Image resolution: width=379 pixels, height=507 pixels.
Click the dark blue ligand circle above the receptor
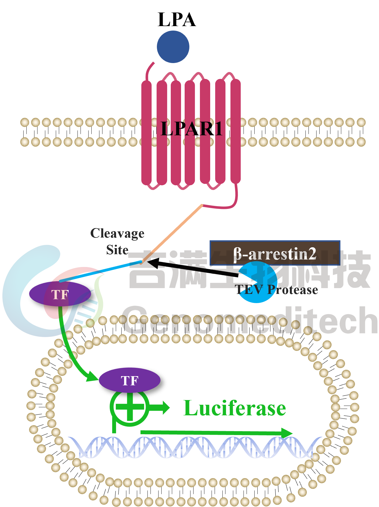[173, 47]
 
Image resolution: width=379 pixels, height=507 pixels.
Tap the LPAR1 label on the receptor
[192, 129]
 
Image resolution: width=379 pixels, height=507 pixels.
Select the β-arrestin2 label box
[275, 253]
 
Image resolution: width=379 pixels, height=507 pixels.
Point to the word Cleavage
[117, 233]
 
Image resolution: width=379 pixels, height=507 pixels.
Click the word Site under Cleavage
[117, 250]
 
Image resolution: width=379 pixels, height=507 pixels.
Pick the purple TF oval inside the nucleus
[129, 380]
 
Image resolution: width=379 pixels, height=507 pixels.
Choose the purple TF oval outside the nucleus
[60, 294]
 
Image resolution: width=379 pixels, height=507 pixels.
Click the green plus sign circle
[130, 408]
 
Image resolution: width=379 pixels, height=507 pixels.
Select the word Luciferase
[235, 408]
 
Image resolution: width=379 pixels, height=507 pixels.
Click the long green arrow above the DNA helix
[217, 433]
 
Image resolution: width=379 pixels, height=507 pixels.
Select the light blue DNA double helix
[194, 447]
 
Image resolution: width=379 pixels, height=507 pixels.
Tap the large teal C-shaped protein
[17, 300]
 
